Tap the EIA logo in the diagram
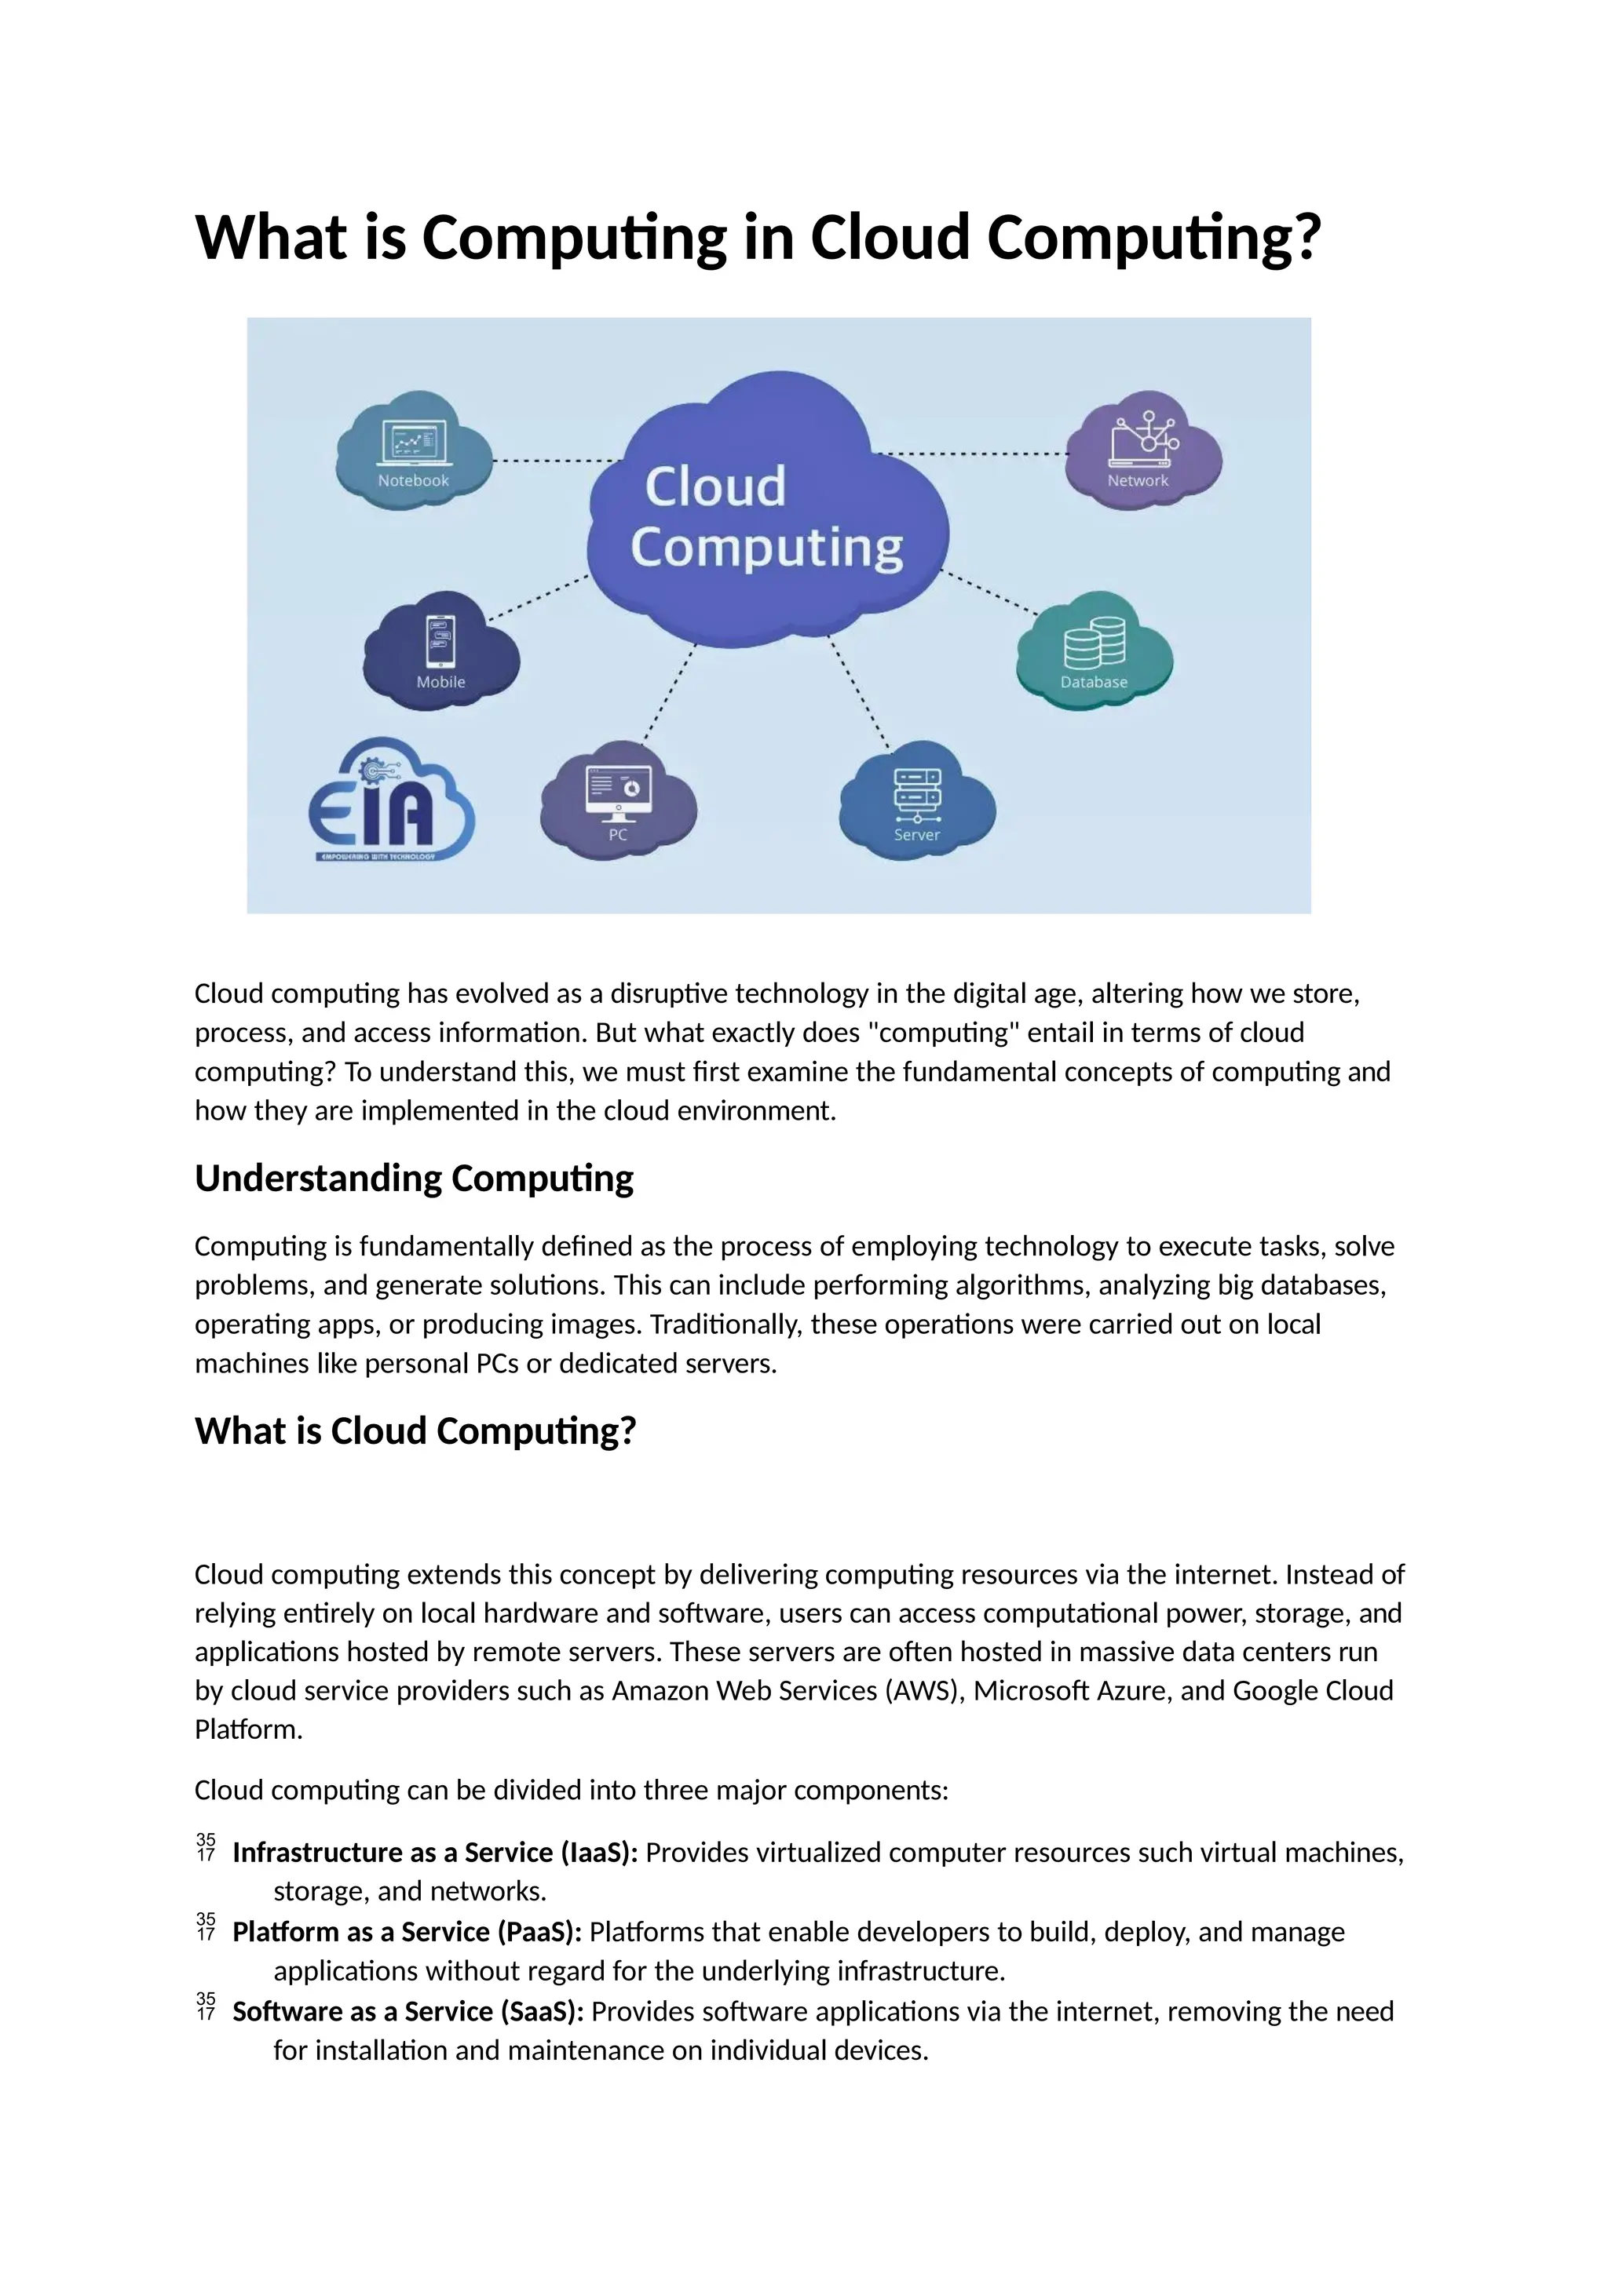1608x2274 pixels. (x=391, y=802)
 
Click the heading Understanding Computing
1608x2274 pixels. (x=413, y=1179)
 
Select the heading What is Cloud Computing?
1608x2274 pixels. (x=415, y=1431)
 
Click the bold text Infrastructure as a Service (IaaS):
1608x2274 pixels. (x=435, y=1852)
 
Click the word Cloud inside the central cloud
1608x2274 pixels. (x=714, y=487)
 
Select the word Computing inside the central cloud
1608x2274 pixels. (x=767, y=547)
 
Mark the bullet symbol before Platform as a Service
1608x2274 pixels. (x=206, y=1927)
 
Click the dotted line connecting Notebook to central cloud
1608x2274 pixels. (x=556, y=461)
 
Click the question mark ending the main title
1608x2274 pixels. (x=1308, y=238)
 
